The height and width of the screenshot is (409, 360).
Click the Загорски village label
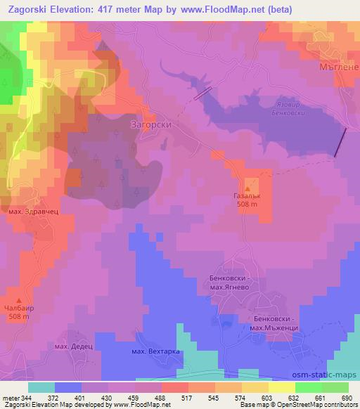[151, 124]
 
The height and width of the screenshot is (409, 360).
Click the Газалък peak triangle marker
[247, 190]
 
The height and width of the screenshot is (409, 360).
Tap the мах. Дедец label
[74, 346]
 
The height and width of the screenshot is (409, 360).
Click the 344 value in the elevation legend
[24, 397]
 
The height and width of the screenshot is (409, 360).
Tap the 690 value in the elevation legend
[344, 397]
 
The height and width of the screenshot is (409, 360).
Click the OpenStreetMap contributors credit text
[319, 405]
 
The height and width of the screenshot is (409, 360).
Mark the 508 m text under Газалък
[247, 204]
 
